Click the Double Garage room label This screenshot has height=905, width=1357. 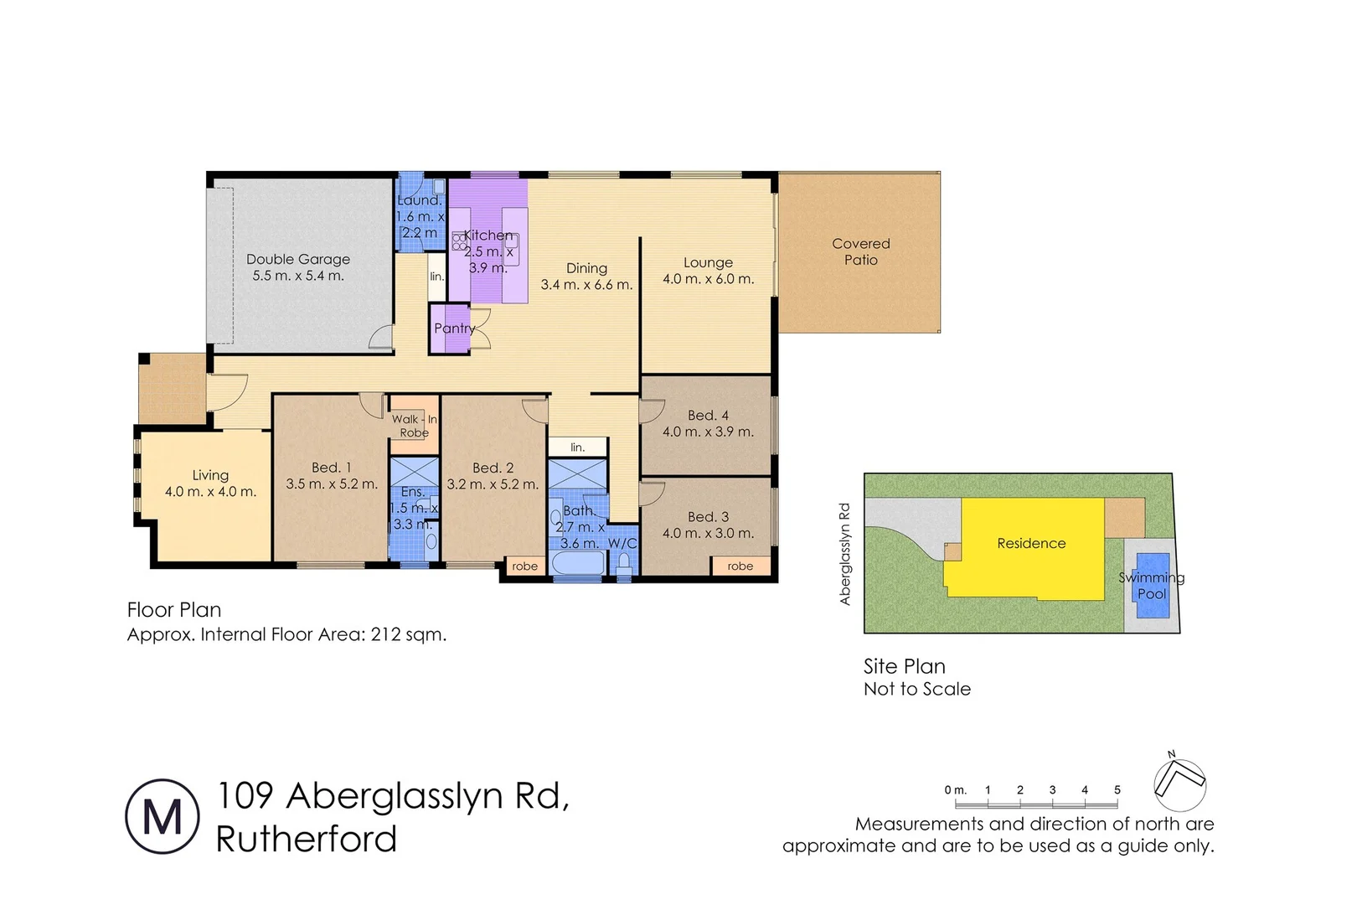click(x=298, y=260)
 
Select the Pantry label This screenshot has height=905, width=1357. click(x=454, y=328)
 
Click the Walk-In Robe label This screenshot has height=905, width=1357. click(x=414, y=426)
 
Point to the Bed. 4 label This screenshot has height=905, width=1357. click(x=708, y=416)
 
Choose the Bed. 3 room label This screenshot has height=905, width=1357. click(x=708, y=517)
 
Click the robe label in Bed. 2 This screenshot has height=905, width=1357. click(x=524, y=566)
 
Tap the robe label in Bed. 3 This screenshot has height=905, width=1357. click(x=740, y=566)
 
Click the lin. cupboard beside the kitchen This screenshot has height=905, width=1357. click(x=436, y=277)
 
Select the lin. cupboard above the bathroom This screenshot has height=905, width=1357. click(x=577, y=447)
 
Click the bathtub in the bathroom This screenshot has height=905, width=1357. click(x=578, y=564)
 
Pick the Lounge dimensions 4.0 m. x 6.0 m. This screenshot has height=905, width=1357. click(x=708, y=279)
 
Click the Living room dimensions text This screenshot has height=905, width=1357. click(x=210, y=492)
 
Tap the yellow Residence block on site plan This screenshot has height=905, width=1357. click(x=1031, y=544)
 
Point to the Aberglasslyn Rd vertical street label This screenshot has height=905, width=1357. click(x=844, y=553)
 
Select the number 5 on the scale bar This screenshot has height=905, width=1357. click(x=1117, y=790)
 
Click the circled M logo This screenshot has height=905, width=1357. click(x=163, y=817)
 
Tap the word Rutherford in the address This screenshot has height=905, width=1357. click(x=307, y=840)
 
